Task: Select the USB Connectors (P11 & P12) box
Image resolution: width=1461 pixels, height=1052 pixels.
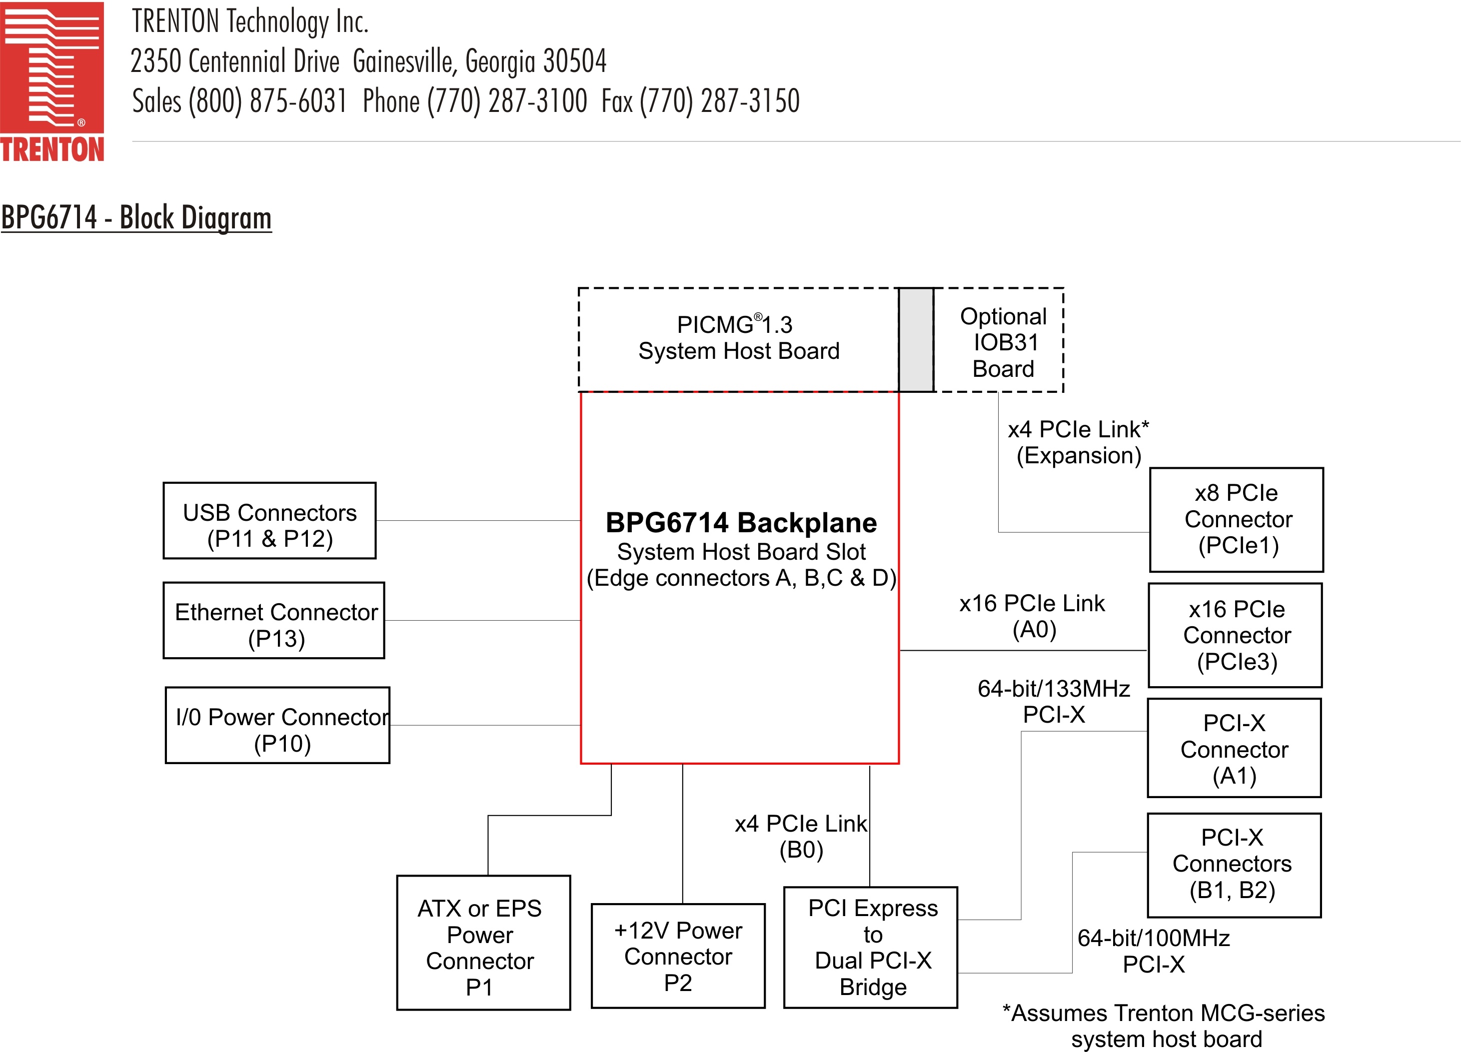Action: (x=269, y=521)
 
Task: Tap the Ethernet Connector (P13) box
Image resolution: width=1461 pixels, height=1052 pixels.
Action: (x=274, y=620)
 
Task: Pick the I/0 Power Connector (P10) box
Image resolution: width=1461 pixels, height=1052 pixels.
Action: (x=277, y=725)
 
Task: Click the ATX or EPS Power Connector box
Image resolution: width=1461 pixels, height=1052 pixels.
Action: (x=483, y=943)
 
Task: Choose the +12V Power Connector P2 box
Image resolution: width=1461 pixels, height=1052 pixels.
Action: (x=678, y=956)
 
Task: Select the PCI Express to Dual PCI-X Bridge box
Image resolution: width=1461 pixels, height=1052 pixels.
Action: (x=870, y=947)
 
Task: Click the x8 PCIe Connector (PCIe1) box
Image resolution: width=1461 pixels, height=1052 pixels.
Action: (x=1236, y=519)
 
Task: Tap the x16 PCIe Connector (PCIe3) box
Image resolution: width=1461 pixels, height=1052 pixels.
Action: (x=1236, y=635)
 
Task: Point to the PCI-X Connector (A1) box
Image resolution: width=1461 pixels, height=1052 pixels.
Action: (x=1234, y=749)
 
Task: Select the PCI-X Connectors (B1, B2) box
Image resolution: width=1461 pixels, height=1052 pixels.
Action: (x=1234, y=865)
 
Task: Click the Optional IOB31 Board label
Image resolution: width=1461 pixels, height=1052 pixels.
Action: (x=1003, y=342)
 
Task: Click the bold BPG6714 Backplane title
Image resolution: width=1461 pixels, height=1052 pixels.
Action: (x=741, y=522)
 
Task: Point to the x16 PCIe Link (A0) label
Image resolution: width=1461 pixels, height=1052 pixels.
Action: (x=1032, y=616)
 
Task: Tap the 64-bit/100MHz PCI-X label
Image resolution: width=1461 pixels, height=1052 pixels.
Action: (x=1154, y=951)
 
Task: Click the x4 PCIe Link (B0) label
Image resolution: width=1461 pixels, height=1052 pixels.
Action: (x=801, y=836)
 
